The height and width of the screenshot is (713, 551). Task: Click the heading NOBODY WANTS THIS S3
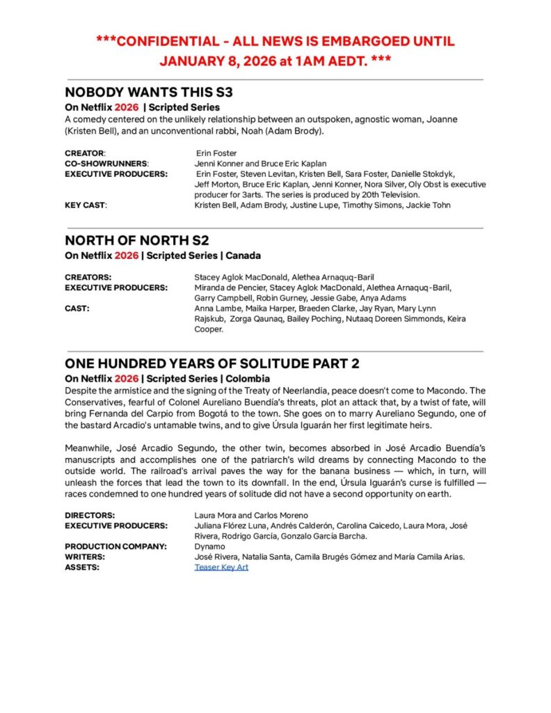(x=149, y=92)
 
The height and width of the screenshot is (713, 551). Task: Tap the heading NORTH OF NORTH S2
(x=136, y=240)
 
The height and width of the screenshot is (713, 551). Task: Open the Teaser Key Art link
(x=221, y=567)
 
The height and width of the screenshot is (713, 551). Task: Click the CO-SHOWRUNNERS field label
(x=107, y=164)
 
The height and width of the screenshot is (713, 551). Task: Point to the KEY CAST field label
(x=86, y=205)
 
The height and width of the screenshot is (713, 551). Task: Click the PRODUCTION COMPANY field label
(x=115, y=547)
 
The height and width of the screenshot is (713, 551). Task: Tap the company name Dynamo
(x=210, y=547)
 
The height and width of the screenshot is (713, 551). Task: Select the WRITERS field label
(x=85, y=557)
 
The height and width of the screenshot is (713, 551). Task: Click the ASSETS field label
(x=82, y=567)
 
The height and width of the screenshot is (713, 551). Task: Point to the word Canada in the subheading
(x=243, y=256)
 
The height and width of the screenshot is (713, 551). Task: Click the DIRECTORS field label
(x=89, y=515)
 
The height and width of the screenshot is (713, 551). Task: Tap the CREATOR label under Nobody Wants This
(x=85, y=153)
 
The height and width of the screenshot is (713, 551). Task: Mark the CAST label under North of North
(x=77, y=308)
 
